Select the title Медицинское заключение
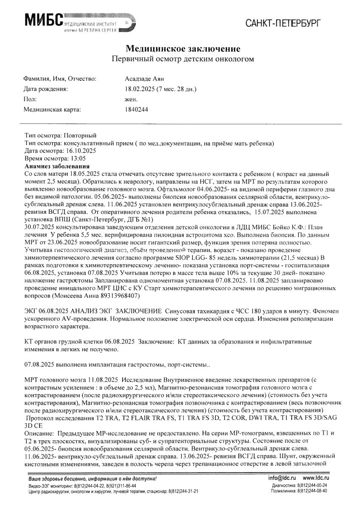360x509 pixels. pos(180,49)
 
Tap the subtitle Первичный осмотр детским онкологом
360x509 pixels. pos(180,59)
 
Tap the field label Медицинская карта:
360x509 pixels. pos(52,109)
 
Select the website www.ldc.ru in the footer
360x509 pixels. pos(317,478)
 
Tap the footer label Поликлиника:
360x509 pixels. pos(287,490)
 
